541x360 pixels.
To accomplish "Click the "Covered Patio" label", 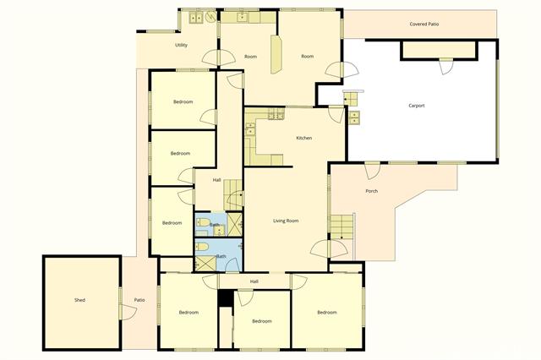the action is point(424,25).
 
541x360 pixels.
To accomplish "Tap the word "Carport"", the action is point(417,106).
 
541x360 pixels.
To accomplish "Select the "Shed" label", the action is point(79,300).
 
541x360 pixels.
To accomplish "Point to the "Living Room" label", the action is point(286,221).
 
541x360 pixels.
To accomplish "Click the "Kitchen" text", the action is point(304,138).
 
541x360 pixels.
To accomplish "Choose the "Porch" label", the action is point(372,191).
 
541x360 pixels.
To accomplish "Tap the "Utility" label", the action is point(181,45).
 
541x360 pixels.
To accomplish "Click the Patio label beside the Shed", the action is point(139,300).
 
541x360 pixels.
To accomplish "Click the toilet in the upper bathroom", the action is point(203,222).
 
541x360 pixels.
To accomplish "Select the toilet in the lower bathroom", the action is point(203,247).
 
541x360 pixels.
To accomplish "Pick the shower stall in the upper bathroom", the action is point(235,224).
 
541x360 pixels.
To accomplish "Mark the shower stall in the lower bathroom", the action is point(205,263).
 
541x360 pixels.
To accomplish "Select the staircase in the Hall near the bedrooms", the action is point(233,195).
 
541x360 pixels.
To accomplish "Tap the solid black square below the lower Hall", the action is point(226,298).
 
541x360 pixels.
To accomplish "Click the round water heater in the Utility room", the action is point(210,16).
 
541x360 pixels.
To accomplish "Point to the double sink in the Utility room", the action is point(197,17).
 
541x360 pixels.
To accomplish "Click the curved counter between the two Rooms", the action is point(276,54).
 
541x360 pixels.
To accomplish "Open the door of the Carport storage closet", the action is point(445,67).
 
